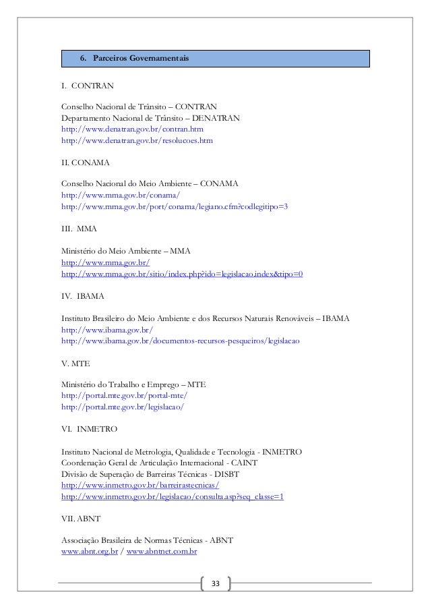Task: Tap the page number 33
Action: click(x=215, y=582)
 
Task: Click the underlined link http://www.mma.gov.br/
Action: click(x=105, y=262)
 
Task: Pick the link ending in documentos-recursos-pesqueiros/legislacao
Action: click(x=180, y=341)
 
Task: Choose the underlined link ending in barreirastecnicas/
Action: click(x=140, y=485)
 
